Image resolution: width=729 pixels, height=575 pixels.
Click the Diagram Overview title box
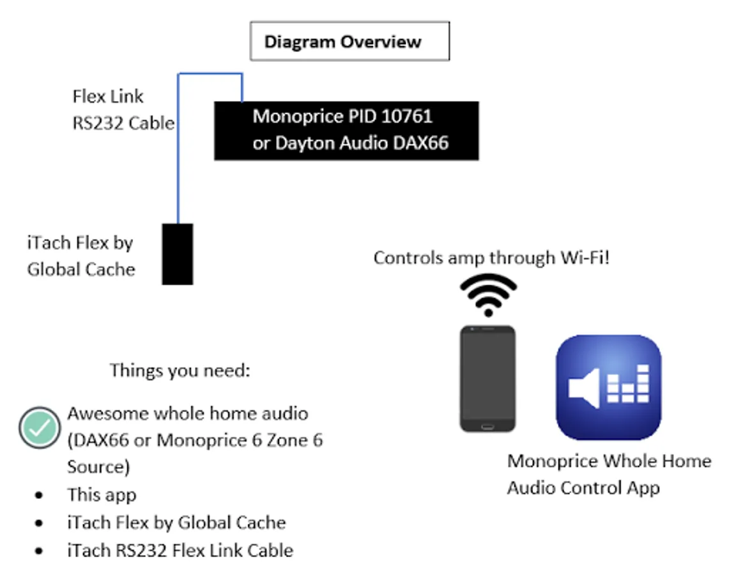(x=349, y=42)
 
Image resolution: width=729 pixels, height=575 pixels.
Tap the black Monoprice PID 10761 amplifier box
(x=346, y=130)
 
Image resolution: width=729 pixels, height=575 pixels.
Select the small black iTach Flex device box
(x=177, y=254)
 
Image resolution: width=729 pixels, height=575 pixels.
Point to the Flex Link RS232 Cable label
(x=123, y=109)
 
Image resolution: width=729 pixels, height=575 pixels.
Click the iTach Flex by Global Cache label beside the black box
(x=81, y=256)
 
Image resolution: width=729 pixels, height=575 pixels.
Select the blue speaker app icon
(x=608, y=387)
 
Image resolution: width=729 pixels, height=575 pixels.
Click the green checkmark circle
(x=40, y=427)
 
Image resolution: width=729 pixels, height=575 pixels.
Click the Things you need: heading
(x=180, y=370)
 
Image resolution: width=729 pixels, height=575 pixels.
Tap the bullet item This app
(x=102, y=494)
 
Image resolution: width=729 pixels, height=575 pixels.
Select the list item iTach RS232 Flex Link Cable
(x=180, y=550)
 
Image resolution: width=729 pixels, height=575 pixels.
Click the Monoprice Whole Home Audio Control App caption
(x=608, y=474)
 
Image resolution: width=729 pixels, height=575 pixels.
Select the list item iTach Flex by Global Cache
(x=176, y=523)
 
